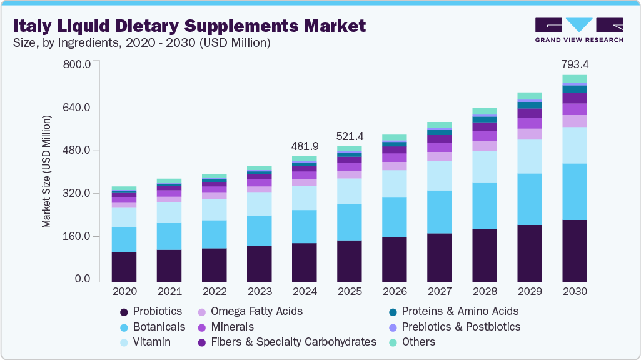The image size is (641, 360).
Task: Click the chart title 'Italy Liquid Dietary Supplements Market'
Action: [x=188, y=26]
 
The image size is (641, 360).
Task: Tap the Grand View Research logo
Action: [x=578, y=29]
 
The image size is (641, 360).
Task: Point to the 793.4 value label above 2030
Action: [x=575, y=64]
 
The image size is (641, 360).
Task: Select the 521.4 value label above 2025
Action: [x=350, y=136]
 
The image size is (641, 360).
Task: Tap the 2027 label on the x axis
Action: [x=440, y=291]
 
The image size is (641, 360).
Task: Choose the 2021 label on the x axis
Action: [x=169, y=291]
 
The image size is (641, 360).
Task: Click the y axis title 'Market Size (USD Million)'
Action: [x=46, y=171]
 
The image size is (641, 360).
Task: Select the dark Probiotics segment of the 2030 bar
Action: [x=575, y=250]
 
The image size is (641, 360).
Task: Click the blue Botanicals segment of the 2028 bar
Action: [x=485, y=206]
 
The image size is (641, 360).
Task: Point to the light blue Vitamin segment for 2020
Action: [x=124, y=217]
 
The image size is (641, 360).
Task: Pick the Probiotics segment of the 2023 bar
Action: [x=260, y=264]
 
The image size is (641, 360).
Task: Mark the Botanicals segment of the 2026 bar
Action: [x=395, y=217]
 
